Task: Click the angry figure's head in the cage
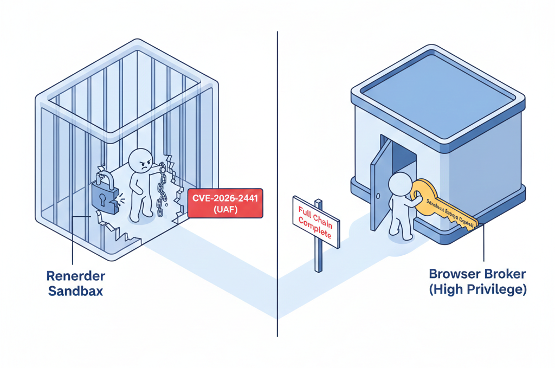tap(140, 161)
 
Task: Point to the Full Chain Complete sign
tap(315, 223)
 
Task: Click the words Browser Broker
tap(477, 274)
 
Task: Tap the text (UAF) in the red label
tap(224, 211)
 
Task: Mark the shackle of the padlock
tap(105, 178)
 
